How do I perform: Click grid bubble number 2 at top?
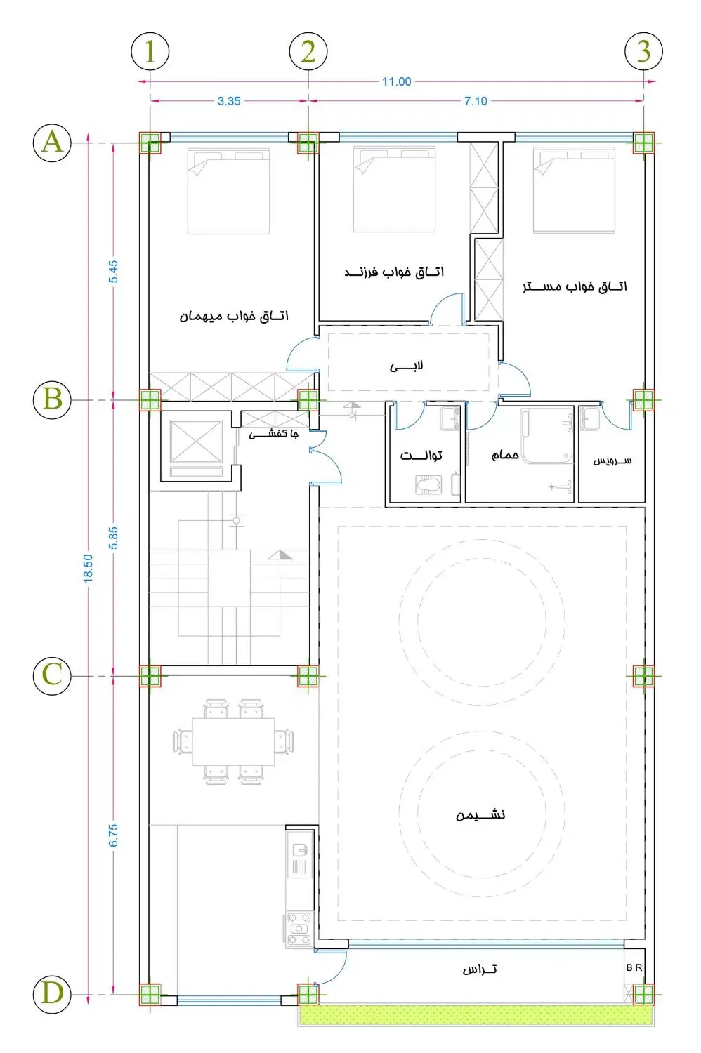308,51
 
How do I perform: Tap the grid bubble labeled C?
52,676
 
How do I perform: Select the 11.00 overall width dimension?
396,82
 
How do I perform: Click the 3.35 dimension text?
229,101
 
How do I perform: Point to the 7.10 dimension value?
476,101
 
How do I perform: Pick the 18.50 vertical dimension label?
89,569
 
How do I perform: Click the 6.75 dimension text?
113,835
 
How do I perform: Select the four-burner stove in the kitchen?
299,928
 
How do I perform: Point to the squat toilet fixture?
428,484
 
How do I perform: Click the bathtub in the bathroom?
547,435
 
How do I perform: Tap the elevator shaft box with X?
196,442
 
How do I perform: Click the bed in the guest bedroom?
229,191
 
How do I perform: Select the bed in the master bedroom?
574,190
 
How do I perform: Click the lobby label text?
407,366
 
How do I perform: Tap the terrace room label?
480,969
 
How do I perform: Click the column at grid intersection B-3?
643,400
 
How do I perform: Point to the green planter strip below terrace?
476,1015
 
